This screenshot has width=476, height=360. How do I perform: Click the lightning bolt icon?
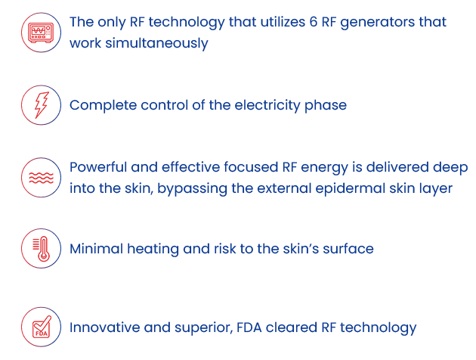[x=41, y=105]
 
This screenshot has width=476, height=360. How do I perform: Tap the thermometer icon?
[x=42, y=249]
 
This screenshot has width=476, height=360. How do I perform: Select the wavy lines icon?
[x=41, y=178]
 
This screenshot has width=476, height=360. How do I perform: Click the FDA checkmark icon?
[x=42, y=327]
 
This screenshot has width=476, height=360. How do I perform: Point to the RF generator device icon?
[x=41, y=33]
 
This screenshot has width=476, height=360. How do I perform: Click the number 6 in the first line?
[x=314, y=22]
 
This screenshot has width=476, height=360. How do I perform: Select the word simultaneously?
[x=156, y=43]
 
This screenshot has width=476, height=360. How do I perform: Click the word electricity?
[x=267, y=106]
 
